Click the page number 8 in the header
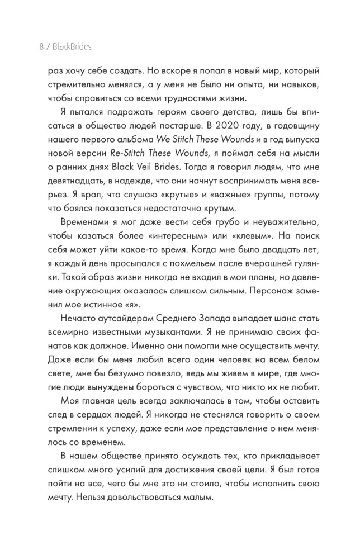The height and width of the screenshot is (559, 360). point(41,47)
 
